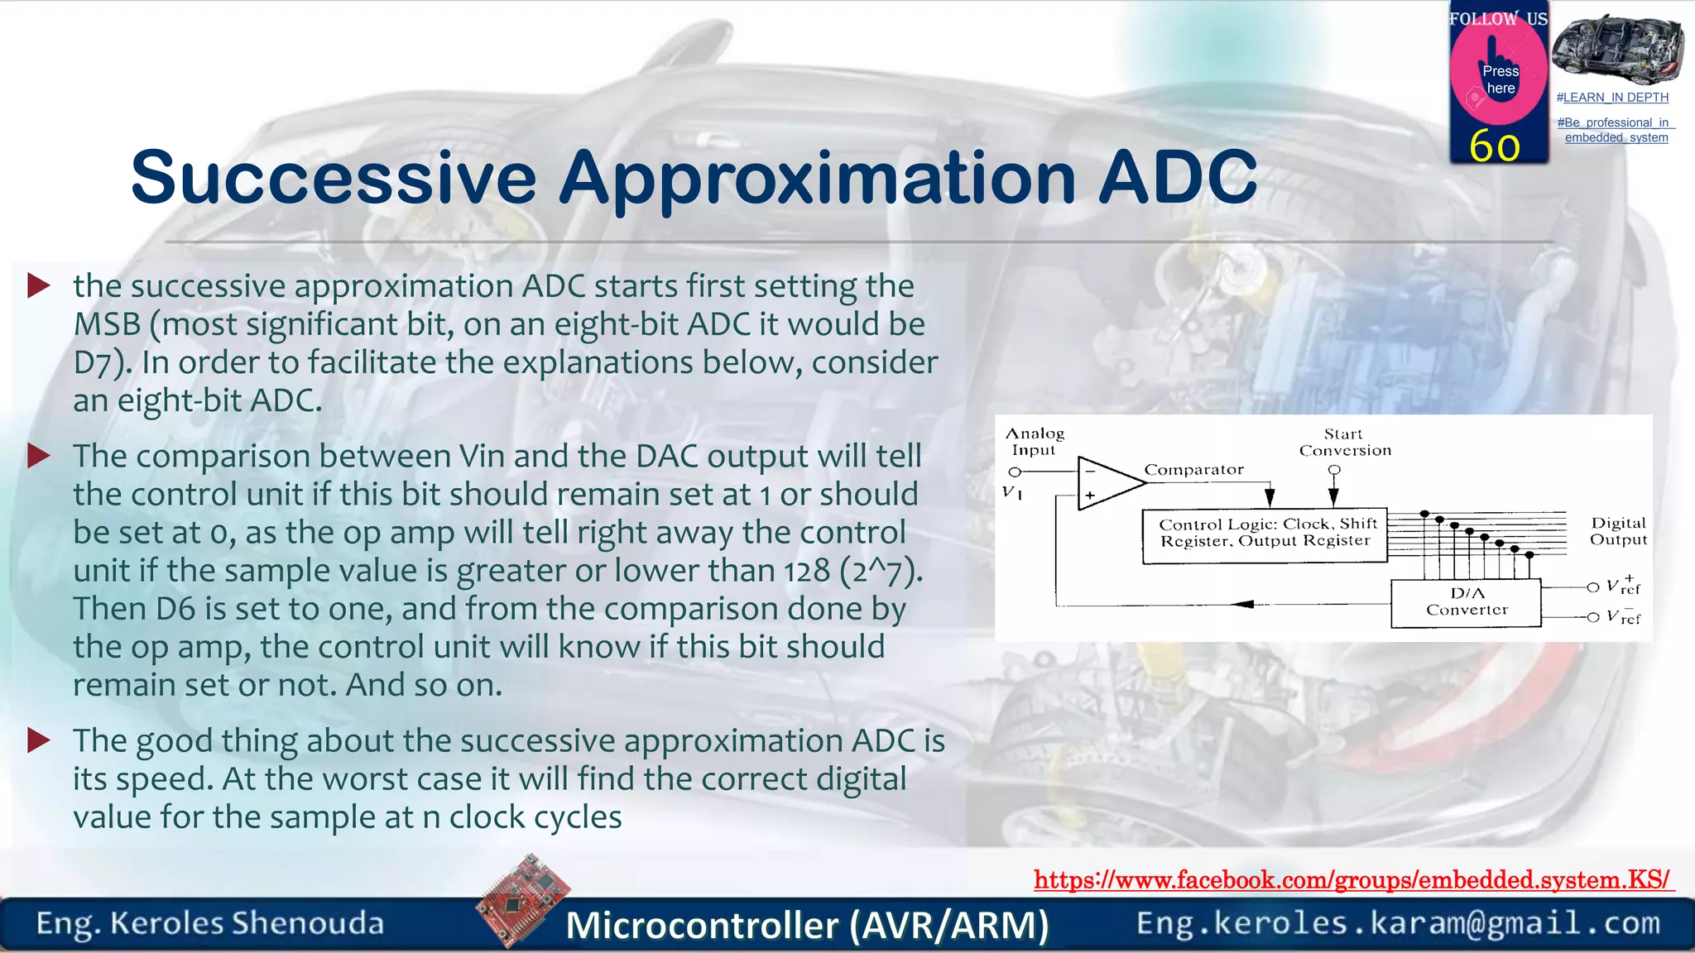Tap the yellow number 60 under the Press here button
pyautogui.click(x=1495, y=146)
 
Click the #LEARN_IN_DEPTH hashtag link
pyautogui.click(x=1612, y=98)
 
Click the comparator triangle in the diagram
pyautogui.click(x=1107, y=483)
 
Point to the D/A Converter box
pyautogui.click(x=1466, y=602)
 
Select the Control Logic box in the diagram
pyautogui.click(x=1264, y=534)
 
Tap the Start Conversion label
pyautogui.click(x=1345, y=443)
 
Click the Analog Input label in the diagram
pyautogui.click(x=1035, y=442)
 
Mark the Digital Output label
pyautogui.click(x=1618, y=531)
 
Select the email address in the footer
pyautogui.click(x=1398, y=923)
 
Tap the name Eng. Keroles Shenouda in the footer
pyautogui.click(x=210, y=923)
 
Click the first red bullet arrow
pyautogui.click(x=39, y=286)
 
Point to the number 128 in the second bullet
pyautogui.click(x=807, y=571)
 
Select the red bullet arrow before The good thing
pyautogui.click(x=39, y=740)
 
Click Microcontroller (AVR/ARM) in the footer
pyautogui.click(x=807, y=925)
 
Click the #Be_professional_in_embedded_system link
pyautogui.click(x=1616, y=130)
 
